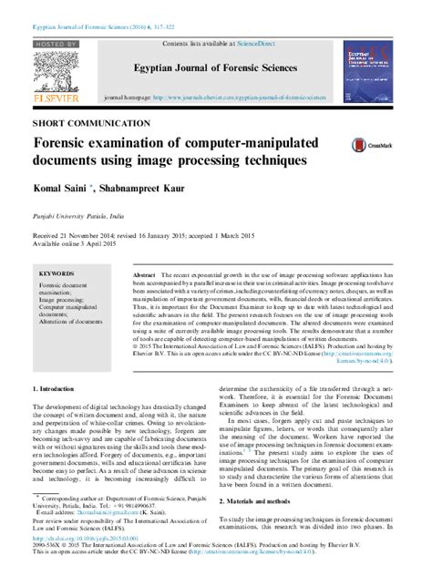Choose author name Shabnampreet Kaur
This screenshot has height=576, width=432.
coord(141,188)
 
